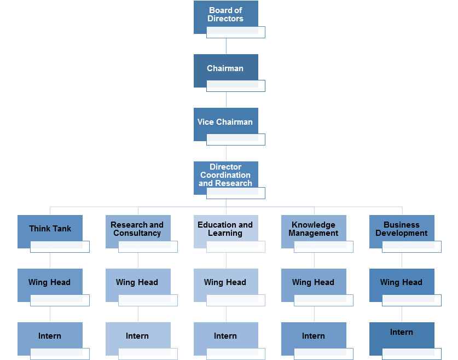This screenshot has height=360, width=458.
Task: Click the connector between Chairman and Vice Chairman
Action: tap(226, 100)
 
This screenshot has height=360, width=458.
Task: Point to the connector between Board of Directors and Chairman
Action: tap(226, 46)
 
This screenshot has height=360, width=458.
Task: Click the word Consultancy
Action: tap(137, 233)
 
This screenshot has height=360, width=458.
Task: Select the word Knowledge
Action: tap(314, 225)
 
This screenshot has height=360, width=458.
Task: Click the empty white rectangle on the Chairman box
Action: tap(236, 86)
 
